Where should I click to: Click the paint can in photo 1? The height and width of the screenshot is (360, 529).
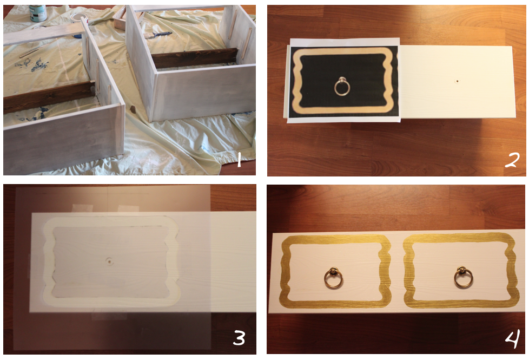click(x=37, y=13)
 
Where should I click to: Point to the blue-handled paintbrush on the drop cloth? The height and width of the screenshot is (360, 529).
click(x=158, y=35)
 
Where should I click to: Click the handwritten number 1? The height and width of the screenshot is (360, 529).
click(x=239, y=159)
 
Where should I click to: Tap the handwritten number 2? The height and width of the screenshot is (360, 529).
click(x=512, y=160)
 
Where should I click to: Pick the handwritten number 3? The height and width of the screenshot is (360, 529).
click(x=239, y=337)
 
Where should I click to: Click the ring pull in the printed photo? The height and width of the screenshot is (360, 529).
click(x=342, y=87)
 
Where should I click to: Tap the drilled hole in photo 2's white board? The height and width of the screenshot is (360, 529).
click(x=457, y=81)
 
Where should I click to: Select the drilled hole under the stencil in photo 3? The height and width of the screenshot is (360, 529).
click(x=109, y=261)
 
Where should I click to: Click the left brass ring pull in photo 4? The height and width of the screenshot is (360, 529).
click(x=333, y=278)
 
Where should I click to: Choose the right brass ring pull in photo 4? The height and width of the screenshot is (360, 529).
click(x=463, y=278)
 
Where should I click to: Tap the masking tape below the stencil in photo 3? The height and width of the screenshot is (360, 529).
click(x=109, y=316)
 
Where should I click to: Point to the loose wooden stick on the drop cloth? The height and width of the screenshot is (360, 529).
click(x=29, y=53)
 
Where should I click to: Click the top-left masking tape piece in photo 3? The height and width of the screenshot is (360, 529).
click(x=82, y=208)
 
